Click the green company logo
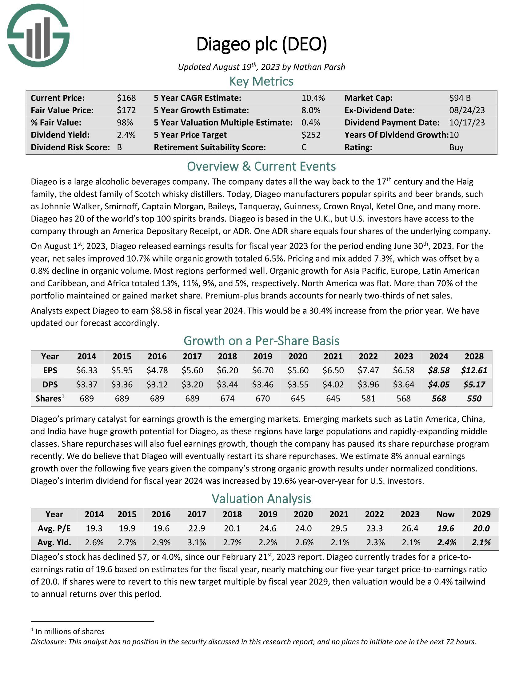(38, 35)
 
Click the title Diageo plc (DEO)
(261, 44)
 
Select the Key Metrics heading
(261, 82)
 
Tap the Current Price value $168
(126, 98)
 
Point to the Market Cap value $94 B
(460, 98)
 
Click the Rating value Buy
(456, 147)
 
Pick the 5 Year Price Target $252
(311, 135)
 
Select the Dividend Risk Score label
(70, 147)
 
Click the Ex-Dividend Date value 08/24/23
(467, 110)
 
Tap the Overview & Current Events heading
(261, 166)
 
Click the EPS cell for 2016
(157, 370)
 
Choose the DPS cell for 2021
(333, 384)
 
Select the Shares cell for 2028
(474, 398)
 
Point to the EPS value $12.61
(474, 370)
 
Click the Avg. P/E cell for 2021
(339, 528)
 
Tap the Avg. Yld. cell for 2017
(197, 543)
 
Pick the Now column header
(445, 514)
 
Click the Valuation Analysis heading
(261, 499)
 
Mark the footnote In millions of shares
(70, 631)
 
